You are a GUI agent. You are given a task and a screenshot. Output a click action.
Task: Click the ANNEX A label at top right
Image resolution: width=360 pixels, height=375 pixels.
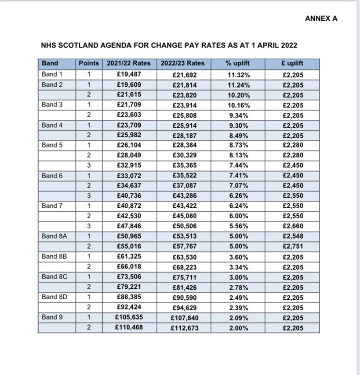(321, 18)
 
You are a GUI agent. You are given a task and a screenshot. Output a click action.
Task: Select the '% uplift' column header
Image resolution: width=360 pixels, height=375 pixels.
(237, 63)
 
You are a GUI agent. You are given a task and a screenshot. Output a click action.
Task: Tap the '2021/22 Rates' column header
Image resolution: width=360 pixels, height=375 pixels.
(129, 63)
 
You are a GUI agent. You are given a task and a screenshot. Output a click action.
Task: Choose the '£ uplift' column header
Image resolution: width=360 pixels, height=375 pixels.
(292, 63)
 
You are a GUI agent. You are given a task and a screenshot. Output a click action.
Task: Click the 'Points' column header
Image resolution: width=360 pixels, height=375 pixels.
(89, 63)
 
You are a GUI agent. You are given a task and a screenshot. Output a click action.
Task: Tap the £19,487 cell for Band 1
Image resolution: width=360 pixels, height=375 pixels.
(129, 74)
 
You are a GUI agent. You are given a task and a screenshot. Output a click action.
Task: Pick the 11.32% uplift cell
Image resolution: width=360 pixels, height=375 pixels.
(237, 75)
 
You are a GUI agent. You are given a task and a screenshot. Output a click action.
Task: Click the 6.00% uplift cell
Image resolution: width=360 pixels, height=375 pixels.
(237, 217)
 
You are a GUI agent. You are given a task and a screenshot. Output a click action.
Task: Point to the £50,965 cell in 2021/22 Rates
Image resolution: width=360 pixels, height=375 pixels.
(129, 236)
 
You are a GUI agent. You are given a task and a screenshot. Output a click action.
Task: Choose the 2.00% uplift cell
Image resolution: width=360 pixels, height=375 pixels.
(237, 328)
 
